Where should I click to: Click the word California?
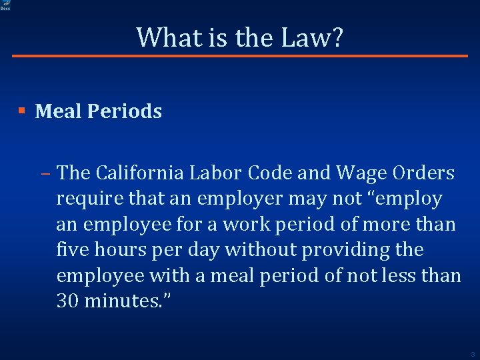[x=141, y=173]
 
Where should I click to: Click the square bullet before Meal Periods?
[x=22, y=111]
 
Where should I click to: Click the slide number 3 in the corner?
[x=472, y=354]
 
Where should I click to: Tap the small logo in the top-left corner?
[x=5, y=5]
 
